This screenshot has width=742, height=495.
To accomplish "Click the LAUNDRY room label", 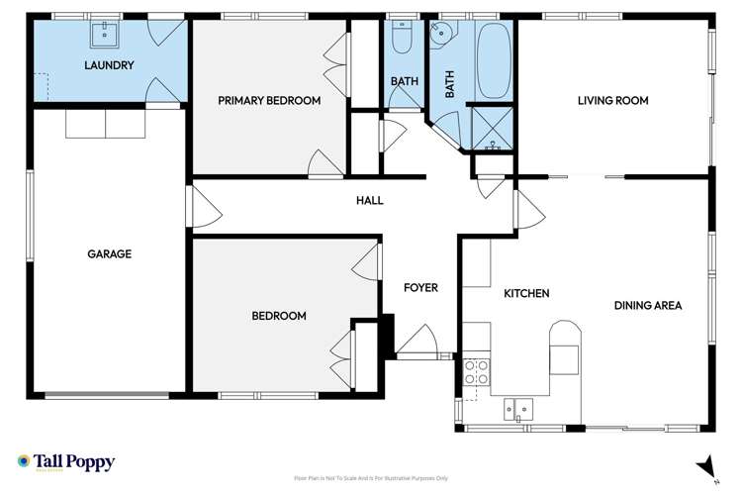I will [x=109, y=65].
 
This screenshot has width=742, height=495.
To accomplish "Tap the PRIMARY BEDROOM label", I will [x=269, y=100].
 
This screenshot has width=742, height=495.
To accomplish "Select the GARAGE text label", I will [x=109, y=253].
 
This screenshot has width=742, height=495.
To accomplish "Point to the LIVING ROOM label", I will [x=613, y=100].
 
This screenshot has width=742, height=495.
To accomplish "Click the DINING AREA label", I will [x=648, y=306].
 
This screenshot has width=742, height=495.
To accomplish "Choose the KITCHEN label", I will [x=526, y=294].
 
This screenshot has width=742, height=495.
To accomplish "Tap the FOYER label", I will [x=420, y=288].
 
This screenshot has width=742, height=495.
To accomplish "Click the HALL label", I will [x=369, y=201].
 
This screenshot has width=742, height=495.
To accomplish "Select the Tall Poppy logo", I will [x=66, y=462].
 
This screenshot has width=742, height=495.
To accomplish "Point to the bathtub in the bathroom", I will [x=492, y=61].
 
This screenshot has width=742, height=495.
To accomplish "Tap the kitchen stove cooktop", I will [x=476, y=372].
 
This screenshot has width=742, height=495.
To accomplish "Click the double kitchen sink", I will [x=518, y=406].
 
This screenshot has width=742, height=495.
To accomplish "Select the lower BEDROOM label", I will [x=278, y=316].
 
